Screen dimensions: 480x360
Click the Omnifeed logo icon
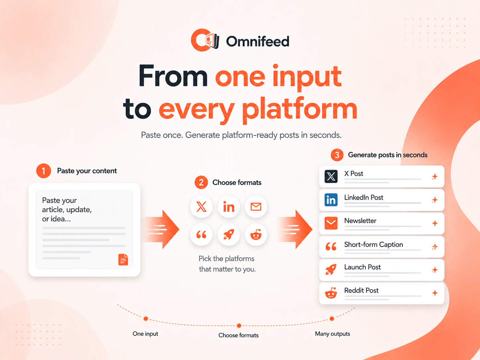(205, 40)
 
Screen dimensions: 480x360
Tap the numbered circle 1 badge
(43, 171)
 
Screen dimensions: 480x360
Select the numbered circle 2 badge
(201, 183)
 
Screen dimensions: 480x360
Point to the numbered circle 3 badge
(337, 155)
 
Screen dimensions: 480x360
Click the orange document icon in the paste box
(123, 260)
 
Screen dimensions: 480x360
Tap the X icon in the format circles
(201, 207)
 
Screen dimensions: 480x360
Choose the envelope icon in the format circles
(256, 207)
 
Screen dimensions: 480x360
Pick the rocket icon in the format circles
(228, 235)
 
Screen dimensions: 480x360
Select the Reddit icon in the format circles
(256, 235)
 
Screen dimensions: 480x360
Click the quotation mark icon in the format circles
(201, 235)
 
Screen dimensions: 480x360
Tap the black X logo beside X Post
(331, 176)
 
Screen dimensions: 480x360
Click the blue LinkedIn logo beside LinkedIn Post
(331, 200)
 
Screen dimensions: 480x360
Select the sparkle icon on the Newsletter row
(435, 223)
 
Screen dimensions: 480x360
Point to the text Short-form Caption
(374, 244)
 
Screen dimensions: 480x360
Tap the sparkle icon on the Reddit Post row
(435, 293)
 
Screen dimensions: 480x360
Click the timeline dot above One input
(146, 319)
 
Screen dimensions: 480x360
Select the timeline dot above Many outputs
(332, 319)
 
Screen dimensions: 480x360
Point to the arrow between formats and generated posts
(295, 229)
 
